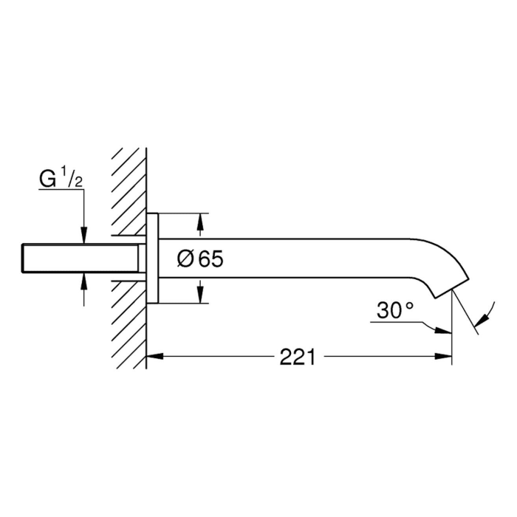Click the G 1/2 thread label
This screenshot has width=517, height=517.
tap(61, 179)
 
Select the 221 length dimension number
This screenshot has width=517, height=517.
tap(298, 357)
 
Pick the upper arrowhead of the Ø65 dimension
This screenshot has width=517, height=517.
tap(200, 221)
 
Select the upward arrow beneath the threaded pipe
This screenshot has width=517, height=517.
tap(85, 281)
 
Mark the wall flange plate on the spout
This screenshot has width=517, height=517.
tap(152, 258)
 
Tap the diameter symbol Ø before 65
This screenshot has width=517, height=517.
tap(186, 259)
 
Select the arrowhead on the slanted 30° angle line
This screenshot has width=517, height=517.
tap(483, 318)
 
